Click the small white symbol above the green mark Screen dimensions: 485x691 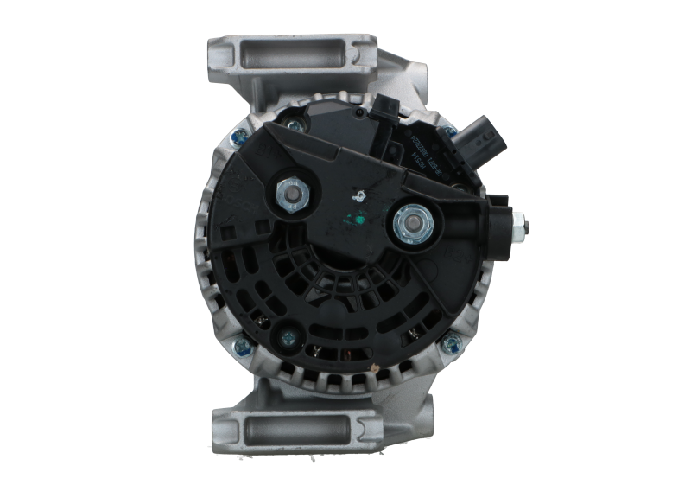click(x=352, y=195)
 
